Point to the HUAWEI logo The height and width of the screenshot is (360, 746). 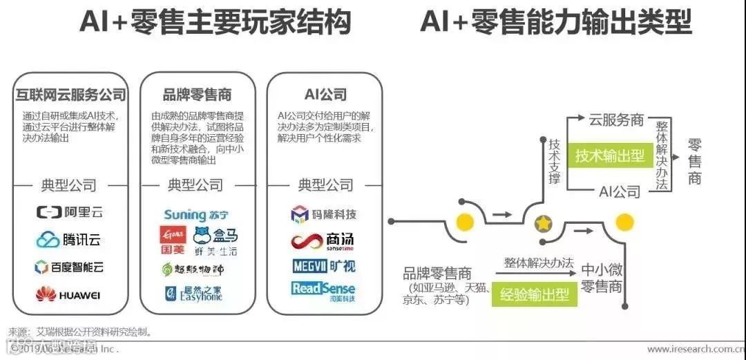[x=69, y=295]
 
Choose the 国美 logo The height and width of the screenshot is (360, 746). [x=173, y=239]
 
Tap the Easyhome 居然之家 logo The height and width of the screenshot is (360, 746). [x=195, y=294]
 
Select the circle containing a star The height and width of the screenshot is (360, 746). [x=544, y=223]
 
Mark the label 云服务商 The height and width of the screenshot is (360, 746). [x=616, y=120]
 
